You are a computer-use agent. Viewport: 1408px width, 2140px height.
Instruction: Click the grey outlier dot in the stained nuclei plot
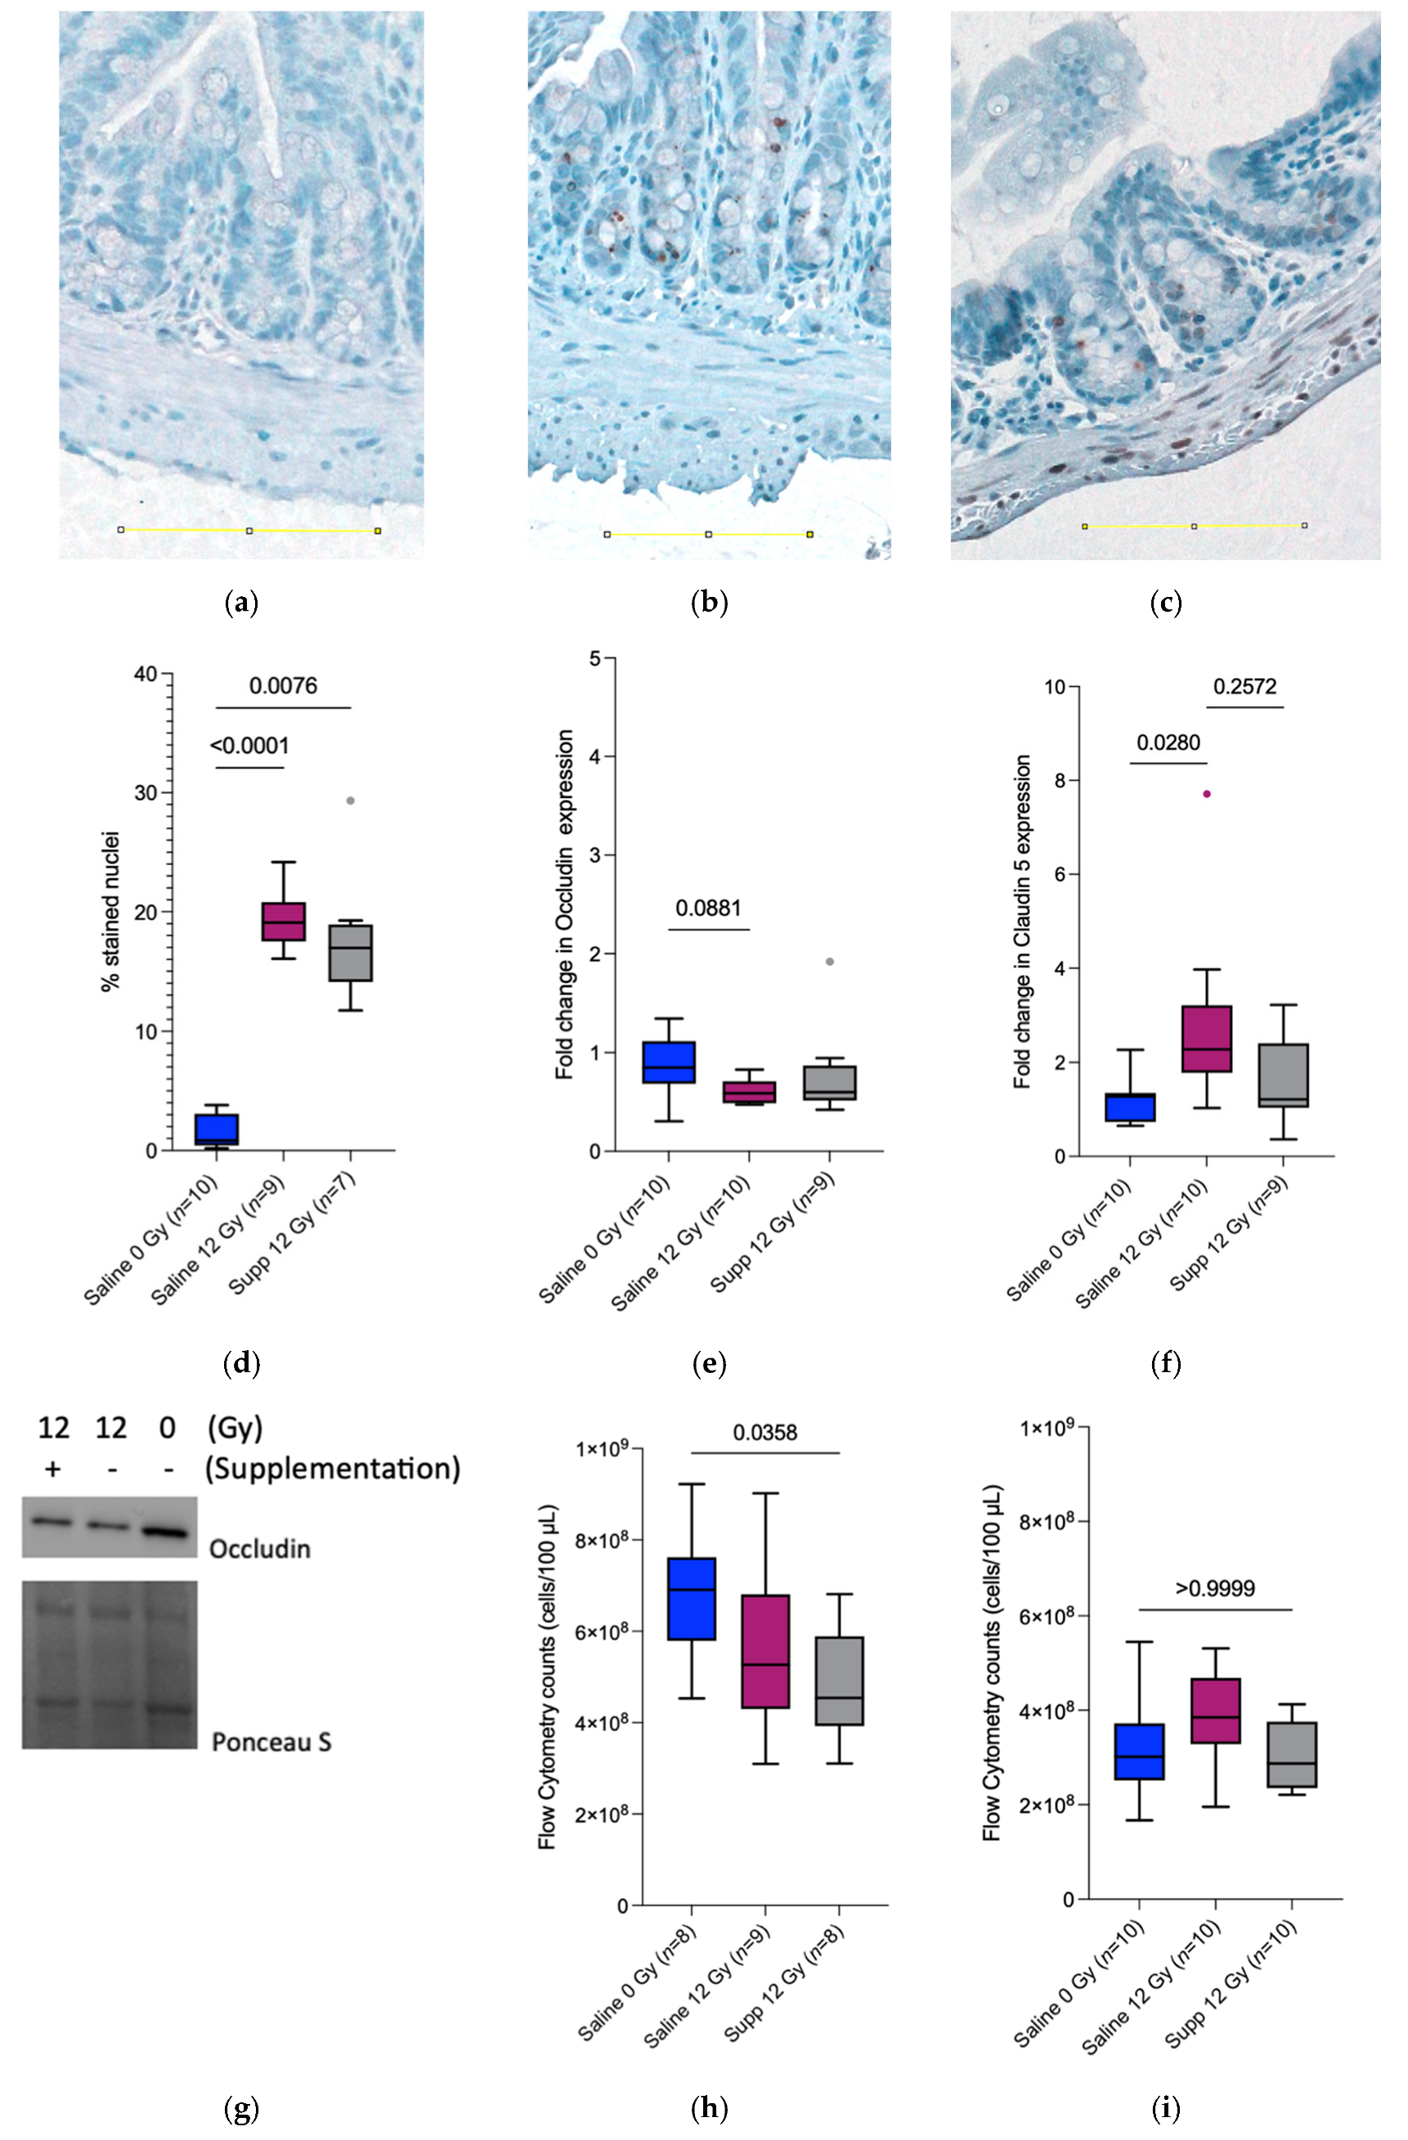click(351, 801)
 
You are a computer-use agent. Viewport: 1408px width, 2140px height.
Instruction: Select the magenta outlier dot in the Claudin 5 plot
click(1207, 794)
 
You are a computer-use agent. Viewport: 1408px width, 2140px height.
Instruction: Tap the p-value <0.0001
click(250, 746)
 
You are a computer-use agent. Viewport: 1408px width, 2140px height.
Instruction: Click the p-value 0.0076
click(283, 686)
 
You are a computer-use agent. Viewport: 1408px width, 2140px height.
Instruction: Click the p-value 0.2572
click(1244, 687)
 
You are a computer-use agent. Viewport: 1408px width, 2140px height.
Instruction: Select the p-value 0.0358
click(765, 1433)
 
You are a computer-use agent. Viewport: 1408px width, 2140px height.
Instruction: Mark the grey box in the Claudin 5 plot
click(1283, 1075)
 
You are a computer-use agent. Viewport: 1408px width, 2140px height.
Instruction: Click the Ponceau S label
click(271, 1743)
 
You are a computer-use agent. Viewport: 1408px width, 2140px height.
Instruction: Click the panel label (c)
click(1165, 603)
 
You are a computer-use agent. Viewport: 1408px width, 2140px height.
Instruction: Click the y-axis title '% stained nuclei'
click(110, 912)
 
